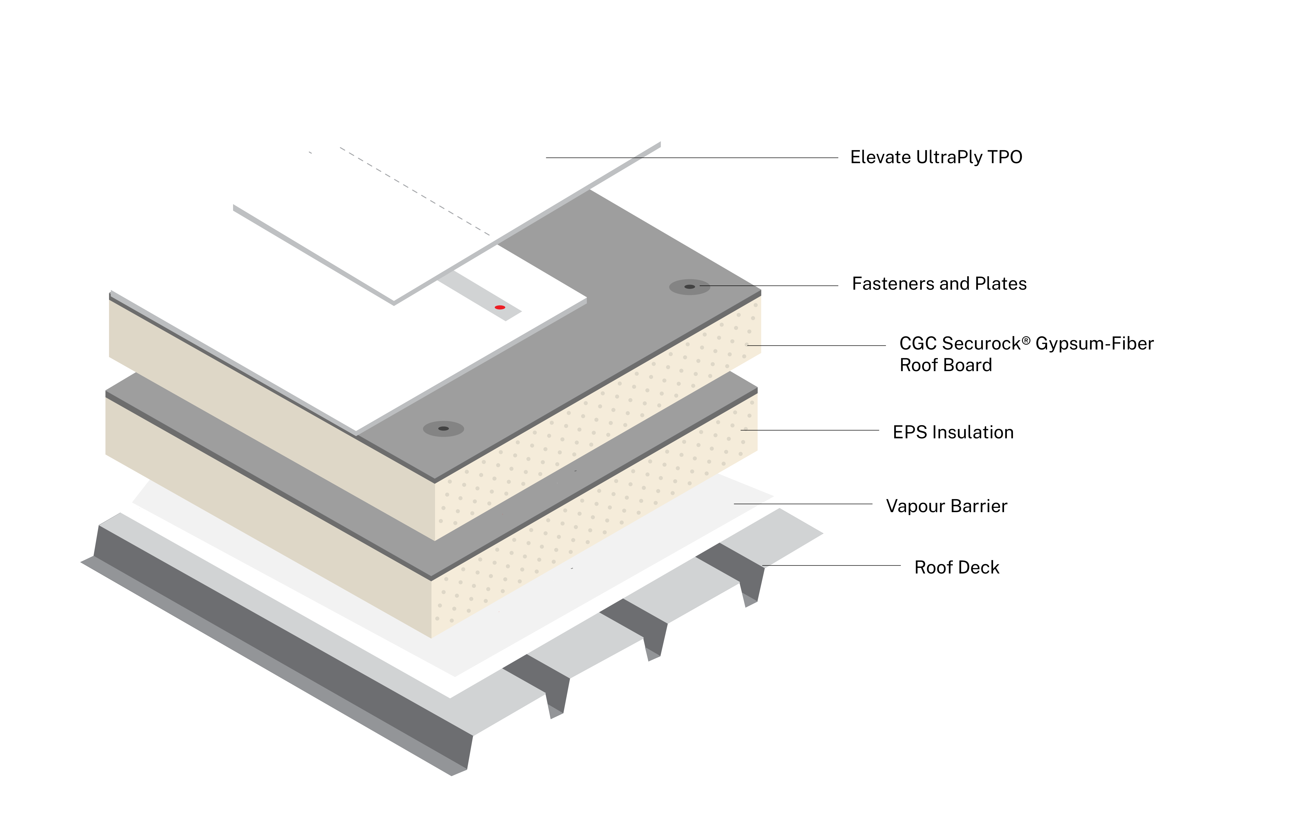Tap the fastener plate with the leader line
pyautogui.click(x=689, y=287)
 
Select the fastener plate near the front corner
pyautogui.click(x=443, y=429)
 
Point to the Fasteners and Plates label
pyautogui.click(x=939, y=284)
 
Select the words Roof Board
pyautogui.click(x=945, y=366)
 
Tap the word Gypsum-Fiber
pyautogui.click(x=1094, y=344)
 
